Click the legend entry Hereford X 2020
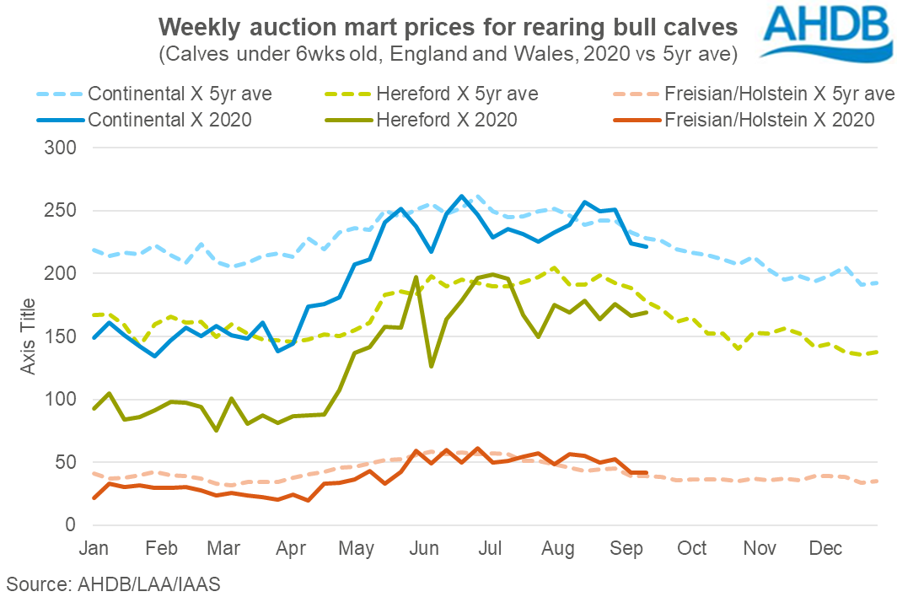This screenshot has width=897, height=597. (x=448, y=120)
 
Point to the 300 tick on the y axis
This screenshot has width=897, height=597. (x=60, y=148)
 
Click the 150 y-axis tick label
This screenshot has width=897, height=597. (x=60, y=336)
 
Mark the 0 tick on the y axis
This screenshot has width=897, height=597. (x=72, y=524)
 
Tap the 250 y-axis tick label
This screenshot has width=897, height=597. (x=60, y=211)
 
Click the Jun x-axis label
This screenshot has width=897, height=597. (x=424, y=548)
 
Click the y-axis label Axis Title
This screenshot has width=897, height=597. (x=28, y=336)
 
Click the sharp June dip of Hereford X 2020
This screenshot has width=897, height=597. (x=432, y=366)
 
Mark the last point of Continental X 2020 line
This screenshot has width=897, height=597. (x=646, y=246)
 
